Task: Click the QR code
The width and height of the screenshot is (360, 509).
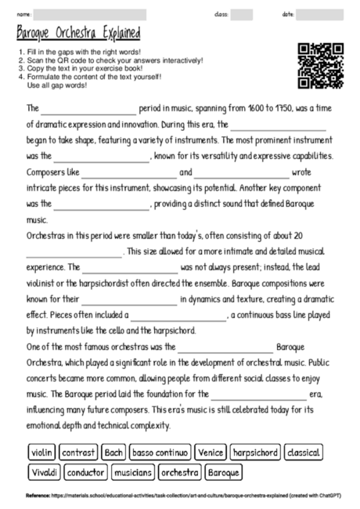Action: pos(321,66)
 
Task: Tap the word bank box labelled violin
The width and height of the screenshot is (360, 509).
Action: pos(41,452)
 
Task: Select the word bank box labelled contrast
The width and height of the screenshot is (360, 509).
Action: pos(78,452)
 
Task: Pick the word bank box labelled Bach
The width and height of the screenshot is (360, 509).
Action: pos(113,452)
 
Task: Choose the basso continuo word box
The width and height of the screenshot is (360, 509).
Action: pos(160,452)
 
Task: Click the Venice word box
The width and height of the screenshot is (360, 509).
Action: pos(211,452)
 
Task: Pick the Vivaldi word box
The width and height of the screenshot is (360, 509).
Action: pos(45,472)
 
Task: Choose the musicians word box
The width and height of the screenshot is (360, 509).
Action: pos(131,472)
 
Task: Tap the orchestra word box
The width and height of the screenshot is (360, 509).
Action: pos(180,472)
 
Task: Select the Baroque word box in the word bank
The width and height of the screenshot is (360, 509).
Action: pos(224,472)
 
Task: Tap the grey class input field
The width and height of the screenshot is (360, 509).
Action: pos(241,14)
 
